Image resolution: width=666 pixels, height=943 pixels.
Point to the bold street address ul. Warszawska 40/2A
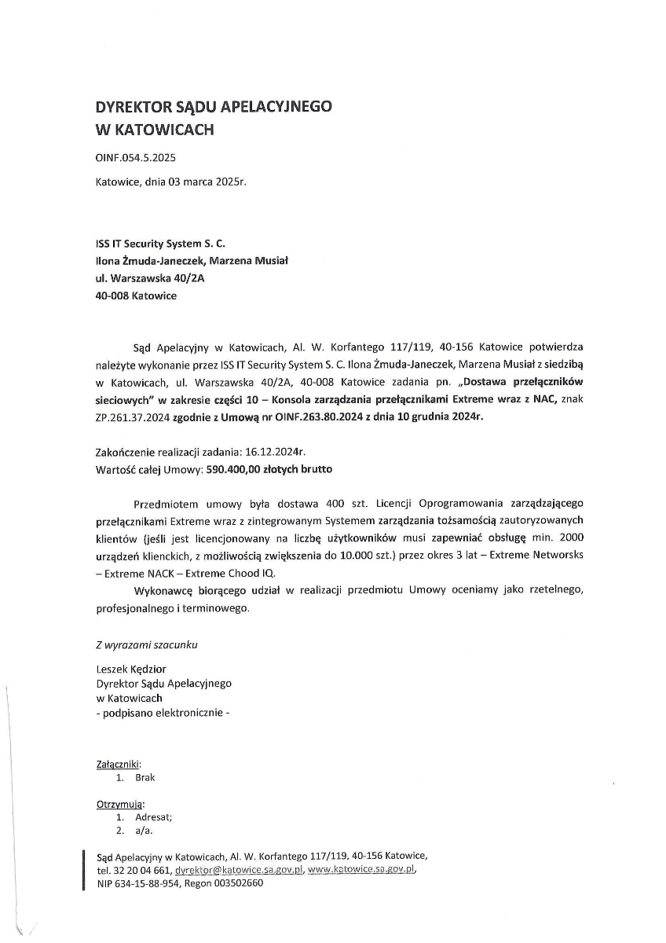coord(144,278)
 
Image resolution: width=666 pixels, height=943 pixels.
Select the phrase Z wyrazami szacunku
coord(146,644)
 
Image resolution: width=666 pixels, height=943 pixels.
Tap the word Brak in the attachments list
coord(145,777)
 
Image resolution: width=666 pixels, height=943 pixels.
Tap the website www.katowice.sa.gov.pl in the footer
coord(361,870)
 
